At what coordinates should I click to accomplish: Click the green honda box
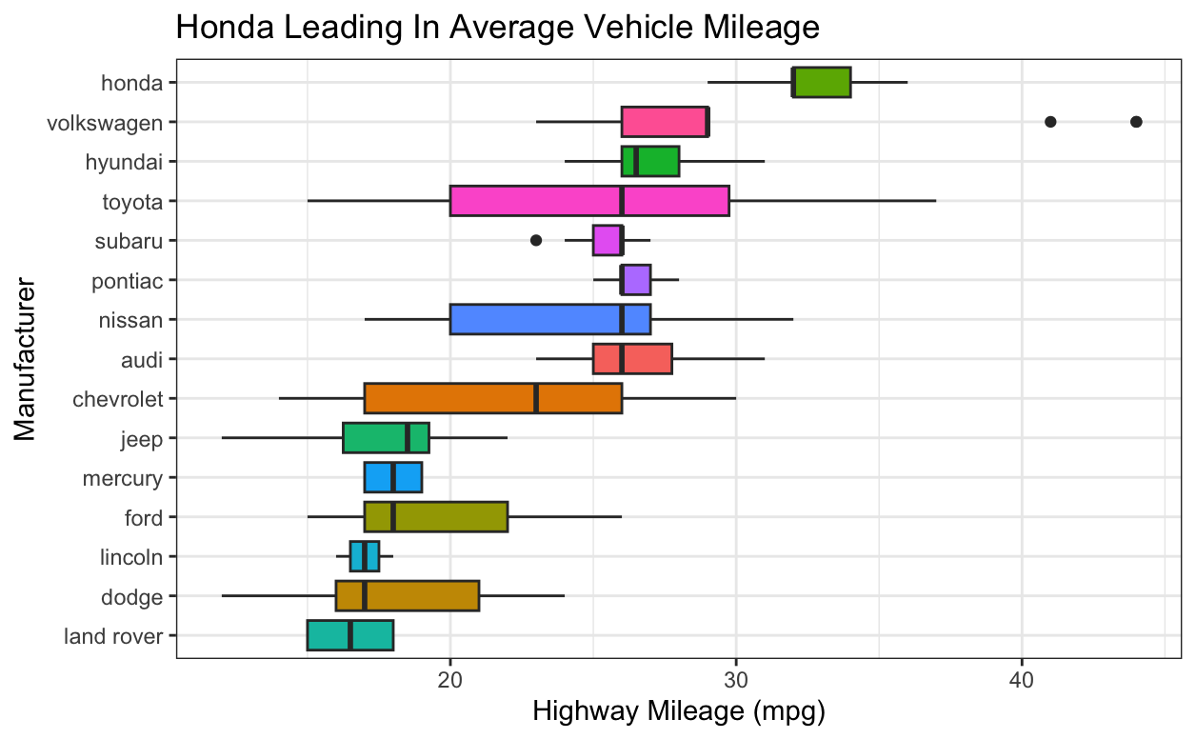coord(822,83)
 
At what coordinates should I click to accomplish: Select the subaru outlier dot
coord(536,240)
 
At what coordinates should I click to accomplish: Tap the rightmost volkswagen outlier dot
coord(1136,122)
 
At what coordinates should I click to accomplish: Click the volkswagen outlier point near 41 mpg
coord(1050,122)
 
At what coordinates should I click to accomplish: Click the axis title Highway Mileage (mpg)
coord(677,712)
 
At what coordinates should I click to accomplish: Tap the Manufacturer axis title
coord(25,359)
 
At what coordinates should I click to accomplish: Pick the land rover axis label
coord(113,635)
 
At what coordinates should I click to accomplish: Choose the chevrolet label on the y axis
coord(118,398)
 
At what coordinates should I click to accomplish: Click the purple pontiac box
coord(636,280)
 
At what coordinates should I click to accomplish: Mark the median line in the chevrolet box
coord(536,398)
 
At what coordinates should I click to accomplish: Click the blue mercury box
coord(393,477)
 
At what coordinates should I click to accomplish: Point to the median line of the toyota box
coord(622,201)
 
